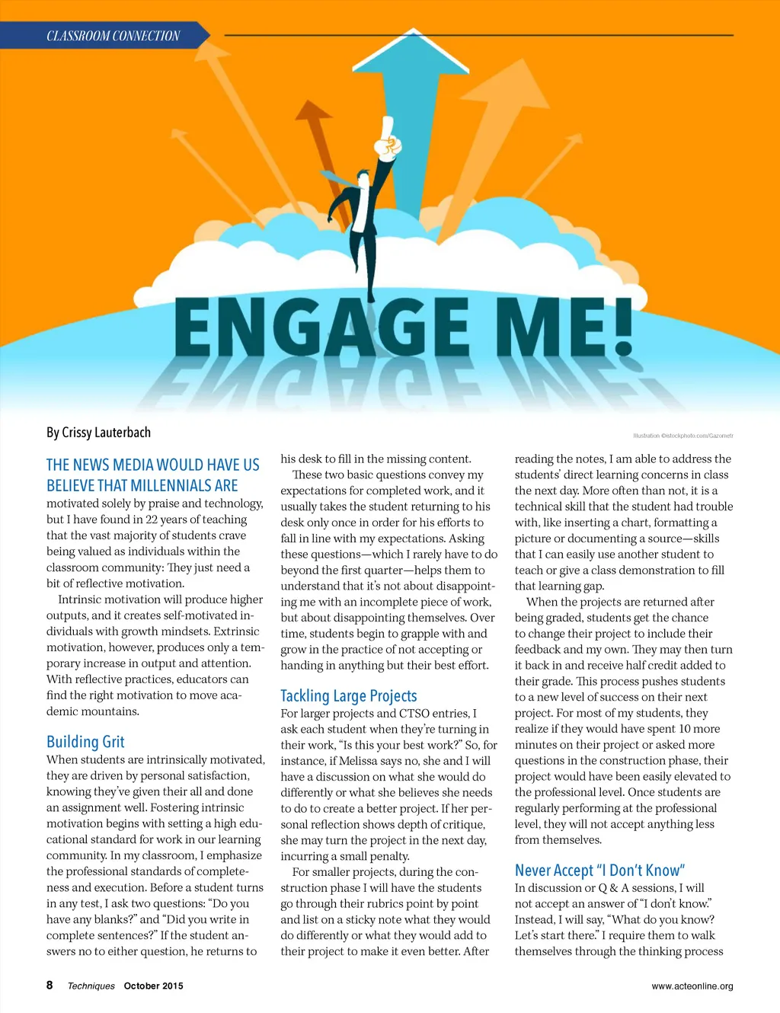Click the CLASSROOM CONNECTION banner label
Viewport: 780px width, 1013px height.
click(113, 36)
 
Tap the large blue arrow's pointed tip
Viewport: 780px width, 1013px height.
click(413, 32)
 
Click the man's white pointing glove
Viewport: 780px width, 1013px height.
click(389, 137)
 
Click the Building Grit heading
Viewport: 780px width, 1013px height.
click(85, 742)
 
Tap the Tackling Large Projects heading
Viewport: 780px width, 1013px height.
click(349, 695)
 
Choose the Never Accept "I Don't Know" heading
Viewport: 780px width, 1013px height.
click(599, 870)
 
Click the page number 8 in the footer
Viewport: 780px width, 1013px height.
click(50, 985)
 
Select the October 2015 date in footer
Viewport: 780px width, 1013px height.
click(153, 986)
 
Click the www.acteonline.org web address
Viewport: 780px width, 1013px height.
click(692, 986)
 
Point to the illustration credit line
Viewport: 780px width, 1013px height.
click(682, 436)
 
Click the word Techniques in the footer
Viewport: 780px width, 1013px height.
click(91, 986)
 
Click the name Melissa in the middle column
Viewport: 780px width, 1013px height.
click(353, 761)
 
